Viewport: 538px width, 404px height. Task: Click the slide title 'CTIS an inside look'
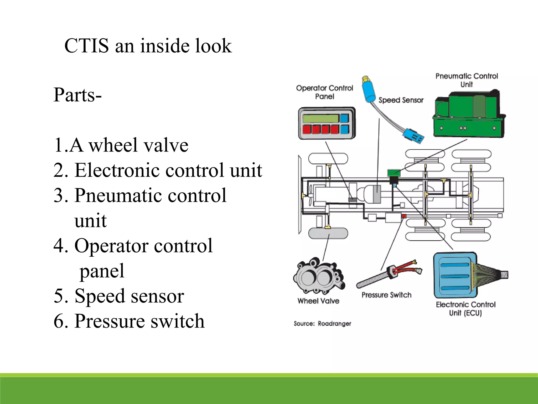148,46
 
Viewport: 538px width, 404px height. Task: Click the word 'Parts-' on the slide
77,95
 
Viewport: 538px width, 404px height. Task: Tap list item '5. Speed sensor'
119,296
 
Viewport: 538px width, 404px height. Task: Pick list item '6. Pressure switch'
129,321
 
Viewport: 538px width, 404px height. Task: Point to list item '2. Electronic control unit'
158,170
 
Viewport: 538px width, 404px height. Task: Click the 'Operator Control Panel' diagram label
325,92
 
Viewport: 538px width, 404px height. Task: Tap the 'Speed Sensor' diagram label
401,100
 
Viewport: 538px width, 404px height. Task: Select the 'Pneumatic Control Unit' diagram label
467,80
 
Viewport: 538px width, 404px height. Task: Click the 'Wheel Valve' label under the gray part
318,301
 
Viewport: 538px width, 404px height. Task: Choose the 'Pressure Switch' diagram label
386,295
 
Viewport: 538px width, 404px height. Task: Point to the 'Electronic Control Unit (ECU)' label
465,309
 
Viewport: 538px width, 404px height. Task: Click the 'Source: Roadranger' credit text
322,323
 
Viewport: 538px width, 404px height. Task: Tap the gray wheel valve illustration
319,276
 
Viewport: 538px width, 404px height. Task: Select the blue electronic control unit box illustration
455,275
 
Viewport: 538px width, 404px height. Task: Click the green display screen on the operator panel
320,118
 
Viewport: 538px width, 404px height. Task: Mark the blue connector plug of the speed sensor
413,135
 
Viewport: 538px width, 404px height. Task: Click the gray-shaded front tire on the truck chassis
328,233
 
